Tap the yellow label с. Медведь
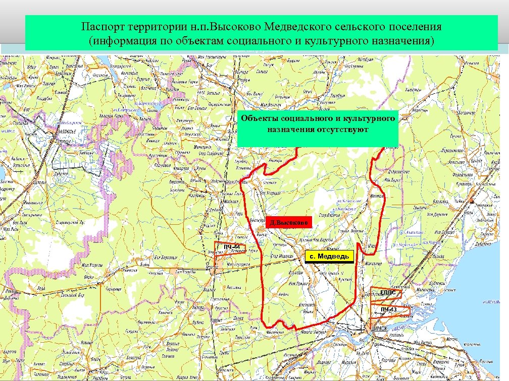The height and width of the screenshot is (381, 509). tap(329, 257)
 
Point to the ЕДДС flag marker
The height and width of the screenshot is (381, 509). tap(388, 292)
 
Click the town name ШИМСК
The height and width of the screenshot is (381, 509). tap(379, 328)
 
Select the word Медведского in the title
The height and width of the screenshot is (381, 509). tap(302, 26)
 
